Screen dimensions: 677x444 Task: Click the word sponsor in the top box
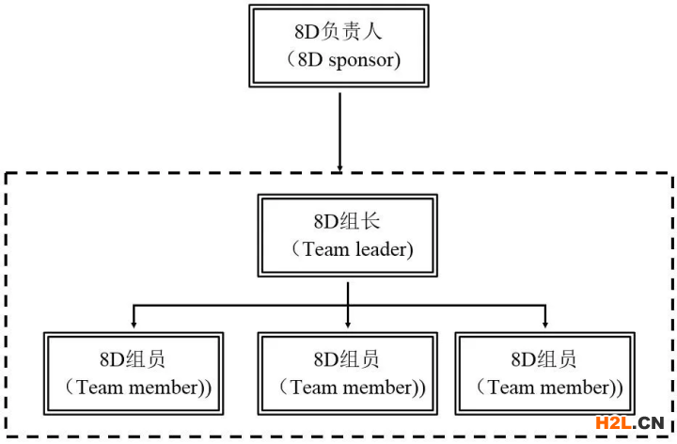pyautogui.click(x=361, y=61)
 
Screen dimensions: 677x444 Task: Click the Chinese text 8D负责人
pyautogui.click(x=338, y=32)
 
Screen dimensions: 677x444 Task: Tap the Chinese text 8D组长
pyautogui.click(x=347, y=221)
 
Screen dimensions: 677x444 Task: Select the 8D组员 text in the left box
pyautogui.click(x=133, y=359)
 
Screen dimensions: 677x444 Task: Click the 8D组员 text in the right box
pyautogui.click(x=543, y=359)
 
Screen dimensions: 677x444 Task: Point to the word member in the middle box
pyautogui.click(x=378, y=388)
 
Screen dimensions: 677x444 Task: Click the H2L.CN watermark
pyautogui.click(x=630, y=423)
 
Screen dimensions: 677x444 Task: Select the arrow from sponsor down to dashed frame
pyautogui.click(x=339, y=132)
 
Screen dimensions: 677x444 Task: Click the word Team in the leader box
pyautogui.click(x=326, y=249)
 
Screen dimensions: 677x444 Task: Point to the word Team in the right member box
pyautogui.click(x=512, y=388)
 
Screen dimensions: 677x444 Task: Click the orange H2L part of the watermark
pyautogui.click(x=613, y=423)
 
